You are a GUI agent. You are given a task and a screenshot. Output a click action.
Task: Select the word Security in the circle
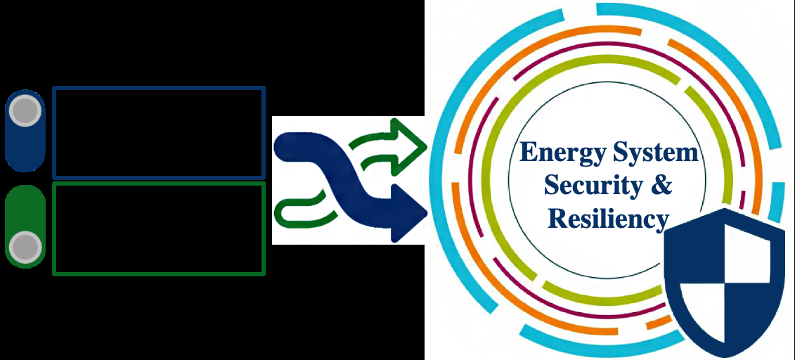click(x=583, y=186)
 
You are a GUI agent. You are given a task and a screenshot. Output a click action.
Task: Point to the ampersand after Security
click(x=661, y=186)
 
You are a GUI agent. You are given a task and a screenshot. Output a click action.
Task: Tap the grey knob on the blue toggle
click(x=25, y=110)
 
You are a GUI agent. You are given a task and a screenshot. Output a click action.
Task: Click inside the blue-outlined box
click(x=159, y=132)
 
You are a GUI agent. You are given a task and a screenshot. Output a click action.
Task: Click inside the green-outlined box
click(x=159, y=229)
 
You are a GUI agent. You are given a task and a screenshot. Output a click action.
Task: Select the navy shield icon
click(x=724, y=278)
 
